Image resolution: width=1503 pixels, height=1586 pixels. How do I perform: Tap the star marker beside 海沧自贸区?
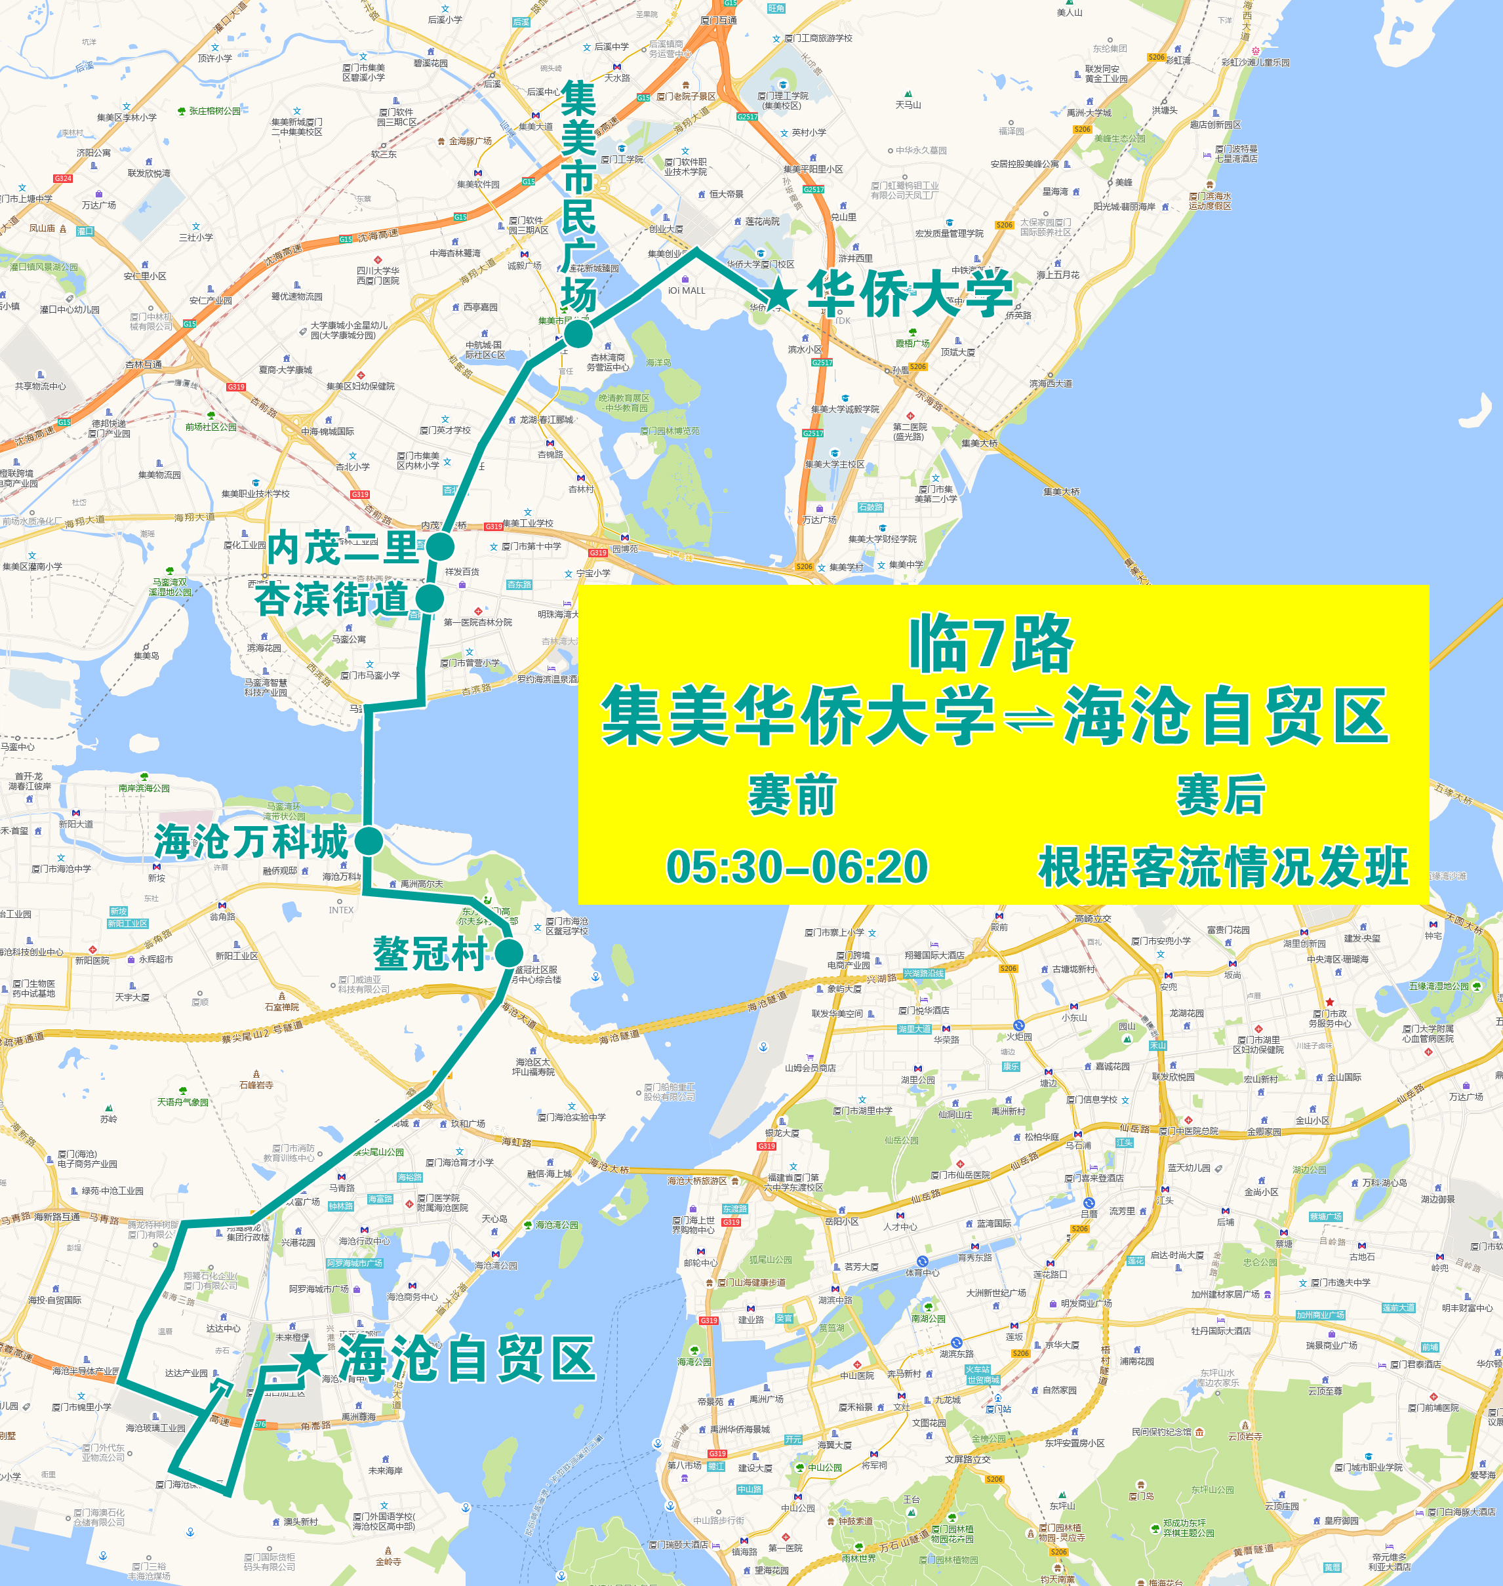[x=310, y=1360]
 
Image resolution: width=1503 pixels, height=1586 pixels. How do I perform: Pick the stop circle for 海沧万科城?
[x=369, y=841]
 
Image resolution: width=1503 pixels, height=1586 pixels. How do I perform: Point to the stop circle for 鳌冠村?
[x=509, y=954]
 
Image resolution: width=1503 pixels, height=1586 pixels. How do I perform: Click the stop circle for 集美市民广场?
[x=578, y=333]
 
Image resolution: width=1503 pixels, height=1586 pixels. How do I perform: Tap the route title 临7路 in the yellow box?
[x=990, y=644]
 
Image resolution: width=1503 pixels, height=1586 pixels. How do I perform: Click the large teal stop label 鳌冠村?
[x=430, y=954]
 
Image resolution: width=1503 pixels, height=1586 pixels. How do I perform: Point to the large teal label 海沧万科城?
[x=250, y=841]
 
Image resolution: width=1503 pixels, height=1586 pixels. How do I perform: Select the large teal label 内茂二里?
[x=343, y=548]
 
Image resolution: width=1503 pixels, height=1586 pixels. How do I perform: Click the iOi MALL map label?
[x=687, y=290]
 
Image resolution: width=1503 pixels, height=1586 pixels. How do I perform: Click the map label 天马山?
[x=908, y=105]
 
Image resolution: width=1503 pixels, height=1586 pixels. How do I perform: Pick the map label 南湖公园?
[x=929, y=1318]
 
